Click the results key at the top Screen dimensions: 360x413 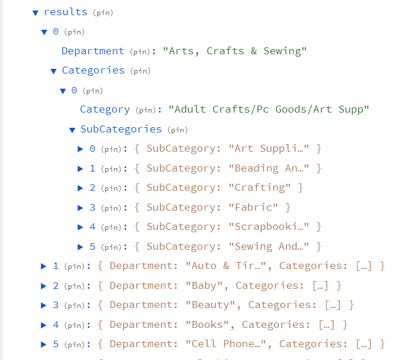65,12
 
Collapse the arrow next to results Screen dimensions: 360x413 36,12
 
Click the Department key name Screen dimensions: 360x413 93,51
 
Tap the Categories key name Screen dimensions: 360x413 93,71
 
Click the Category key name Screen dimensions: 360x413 105,109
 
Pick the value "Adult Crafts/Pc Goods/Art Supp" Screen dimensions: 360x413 269,109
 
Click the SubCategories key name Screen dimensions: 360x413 121,129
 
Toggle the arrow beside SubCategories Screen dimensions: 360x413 72,130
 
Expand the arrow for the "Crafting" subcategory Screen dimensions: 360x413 81,188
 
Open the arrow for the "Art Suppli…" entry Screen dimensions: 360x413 81,149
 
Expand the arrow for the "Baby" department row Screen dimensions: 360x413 44,285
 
